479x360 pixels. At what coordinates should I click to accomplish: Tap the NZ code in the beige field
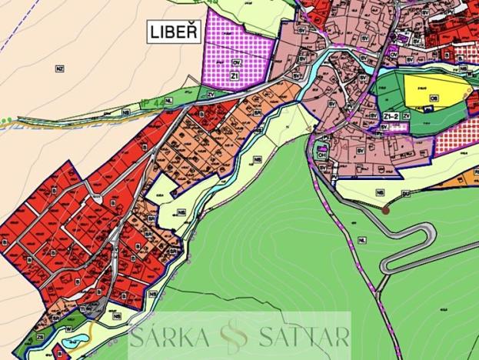[59, 68]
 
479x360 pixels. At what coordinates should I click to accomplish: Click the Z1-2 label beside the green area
[391, 115]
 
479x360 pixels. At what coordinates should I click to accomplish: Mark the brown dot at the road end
[386, 208]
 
